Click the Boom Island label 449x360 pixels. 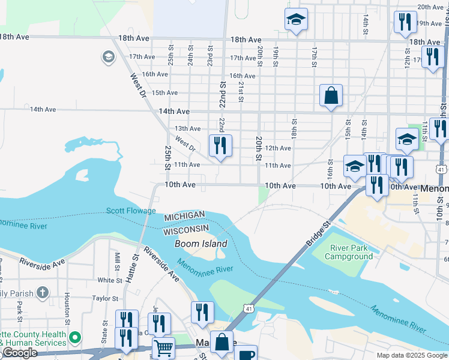200,244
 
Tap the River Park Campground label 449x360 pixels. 349,252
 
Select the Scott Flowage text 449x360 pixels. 131,211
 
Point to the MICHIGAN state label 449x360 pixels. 185,215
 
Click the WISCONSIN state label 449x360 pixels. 186,230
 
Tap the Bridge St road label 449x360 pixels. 318,233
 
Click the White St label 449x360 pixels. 110,280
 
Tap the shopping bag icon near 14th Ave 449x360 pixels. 331,95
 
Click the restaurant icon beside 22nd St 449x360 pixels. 220,146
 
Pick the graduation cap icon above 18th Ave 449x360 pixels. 296,20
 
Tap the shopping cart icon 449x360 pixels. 163,347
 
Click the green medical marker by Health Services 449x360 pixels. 75,338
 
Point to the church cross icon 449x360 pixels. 42,292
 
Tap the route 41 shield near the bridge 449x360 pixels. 248,308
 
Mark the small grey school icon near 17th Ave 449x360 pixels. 108,57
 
